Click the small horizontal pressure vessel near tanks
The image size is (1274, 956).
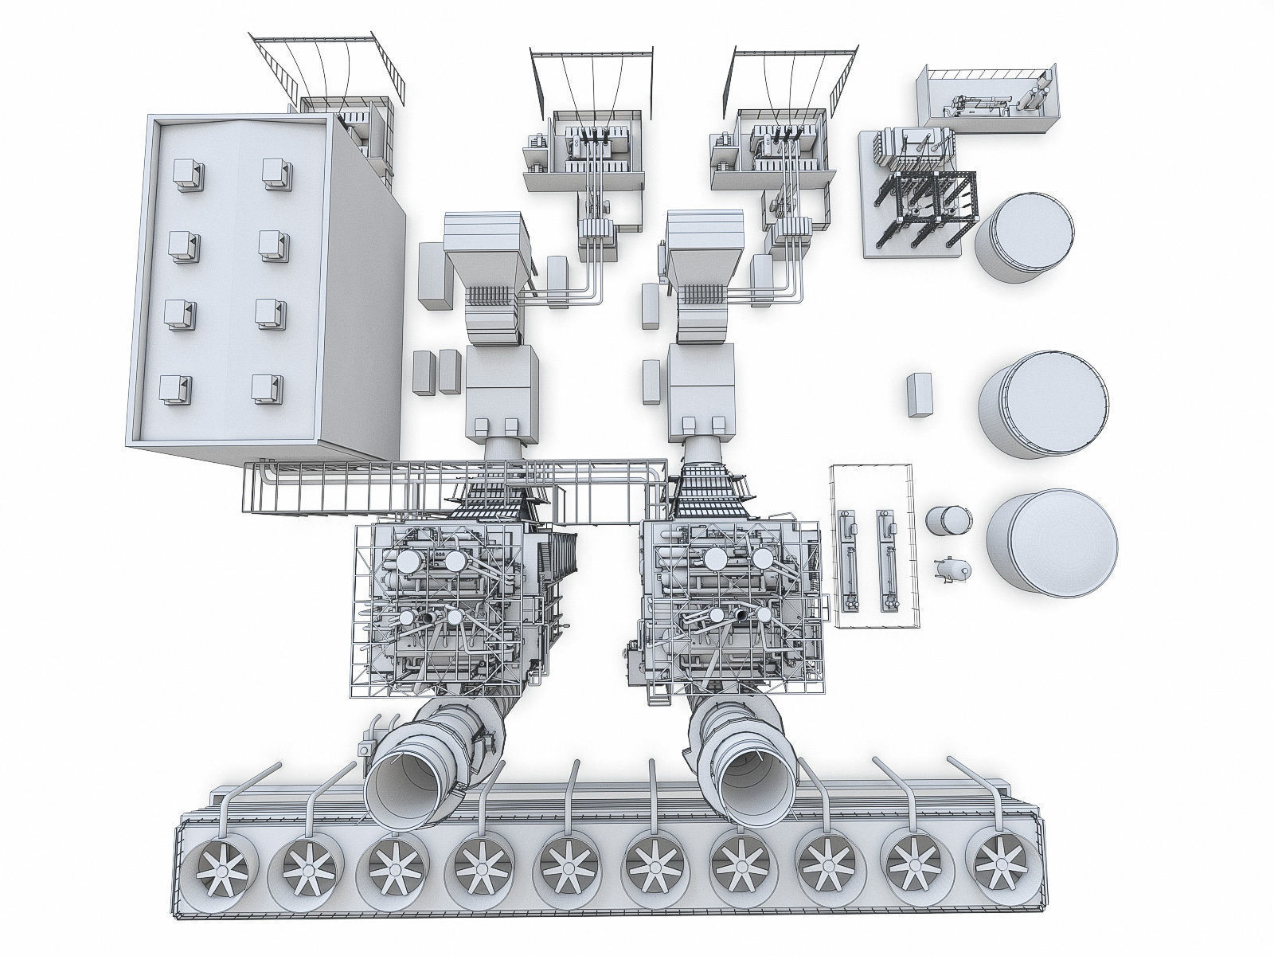[x=953, y=567]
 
